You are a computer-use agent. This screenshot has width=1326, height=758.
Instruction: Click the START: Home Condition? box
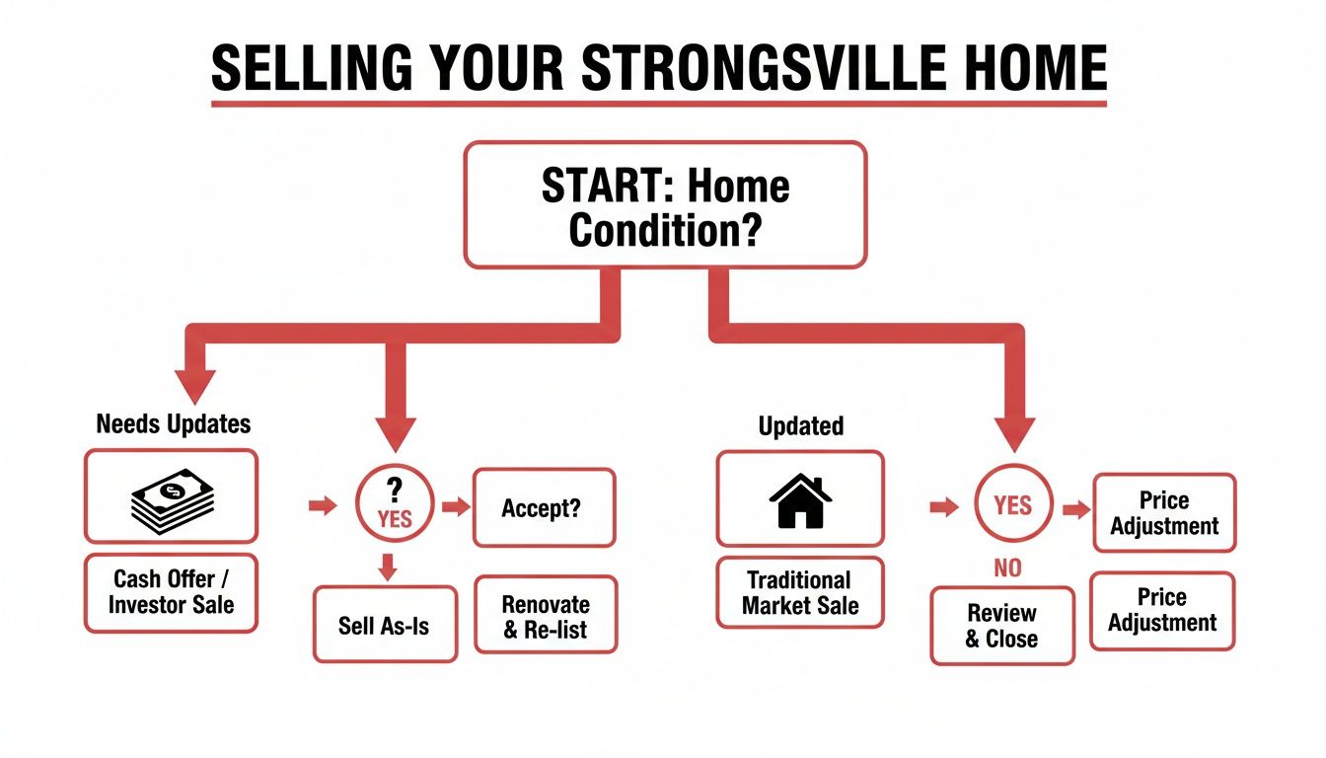pos(665,204)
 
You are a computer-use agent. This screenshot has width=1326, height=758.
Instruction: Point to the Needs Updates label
pos(174,424)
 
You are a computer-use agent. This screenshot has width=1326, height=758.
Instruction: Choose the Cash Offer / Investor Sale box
pos(171,591)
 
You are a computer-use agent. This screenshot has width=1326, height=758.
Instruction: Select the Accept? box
pos(544,507)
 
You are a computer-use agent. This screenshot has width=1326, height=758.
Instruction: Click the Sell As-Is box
pos(385,625)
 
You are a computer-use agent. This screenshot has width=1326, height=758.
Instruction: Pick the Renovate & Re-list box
pos(546,616)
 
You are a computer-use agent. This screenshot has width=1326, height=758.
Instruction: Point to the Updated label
pos(800,426)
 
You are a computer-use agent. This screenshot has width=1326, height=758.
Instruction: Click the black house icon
pos(799,499)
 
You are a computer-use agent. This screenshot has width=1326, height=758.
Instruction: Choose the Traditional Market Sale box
pos(800,592)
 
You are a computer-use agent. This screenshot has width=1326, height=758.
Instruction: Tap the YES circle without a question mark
pos(1013,506)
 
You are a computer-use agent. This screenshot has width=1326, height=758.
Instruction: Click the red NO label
pos(1008,568)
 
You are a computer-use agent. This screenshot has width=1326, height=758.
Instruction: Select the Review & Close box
pos(1001,627)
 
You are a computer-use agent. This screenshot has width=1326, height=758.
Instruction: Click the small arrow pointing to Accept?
pos(456,507)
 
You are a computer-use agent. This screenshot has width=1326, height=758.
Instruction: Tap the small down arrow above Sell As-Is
pos(388,567)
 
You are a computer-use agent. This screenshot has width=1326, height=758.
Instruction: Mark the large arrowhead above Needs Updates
pos(195,383)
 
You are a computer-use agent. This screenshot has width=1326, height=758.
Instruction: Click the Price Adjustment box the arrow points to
pos(1164,513)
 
